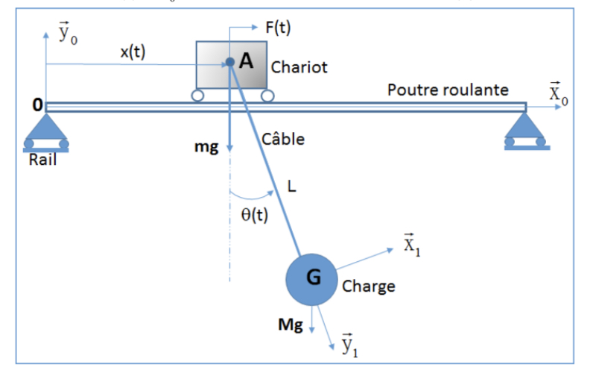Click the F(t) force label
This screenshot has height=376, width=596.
point(278,28)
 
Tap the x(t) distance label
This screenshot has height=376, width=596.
point(133,52)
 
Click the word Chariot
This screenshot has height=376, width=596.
point(299,67)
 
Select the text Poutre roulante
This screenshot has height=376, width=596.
point(448,90)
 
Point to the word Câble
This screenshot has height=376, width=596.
point(283,139)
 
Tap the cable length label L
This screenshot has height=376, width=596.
point(291,187)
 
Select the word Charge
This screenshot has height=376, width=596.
point(369,286)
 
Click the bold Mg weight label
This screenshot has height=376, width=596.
point(290,325)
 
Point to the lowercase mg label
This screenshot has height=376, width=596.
point(206,147)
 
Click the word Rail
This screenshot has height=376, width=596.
point(42,160)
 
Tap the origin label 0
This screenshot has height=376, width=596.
point(36,106)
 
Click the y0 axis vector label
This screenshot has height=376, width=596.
point(66,34)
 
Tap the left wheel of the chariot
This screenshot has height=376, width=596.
point(198,95)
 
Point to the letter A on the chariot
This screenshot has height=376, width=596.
point(247,62)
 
